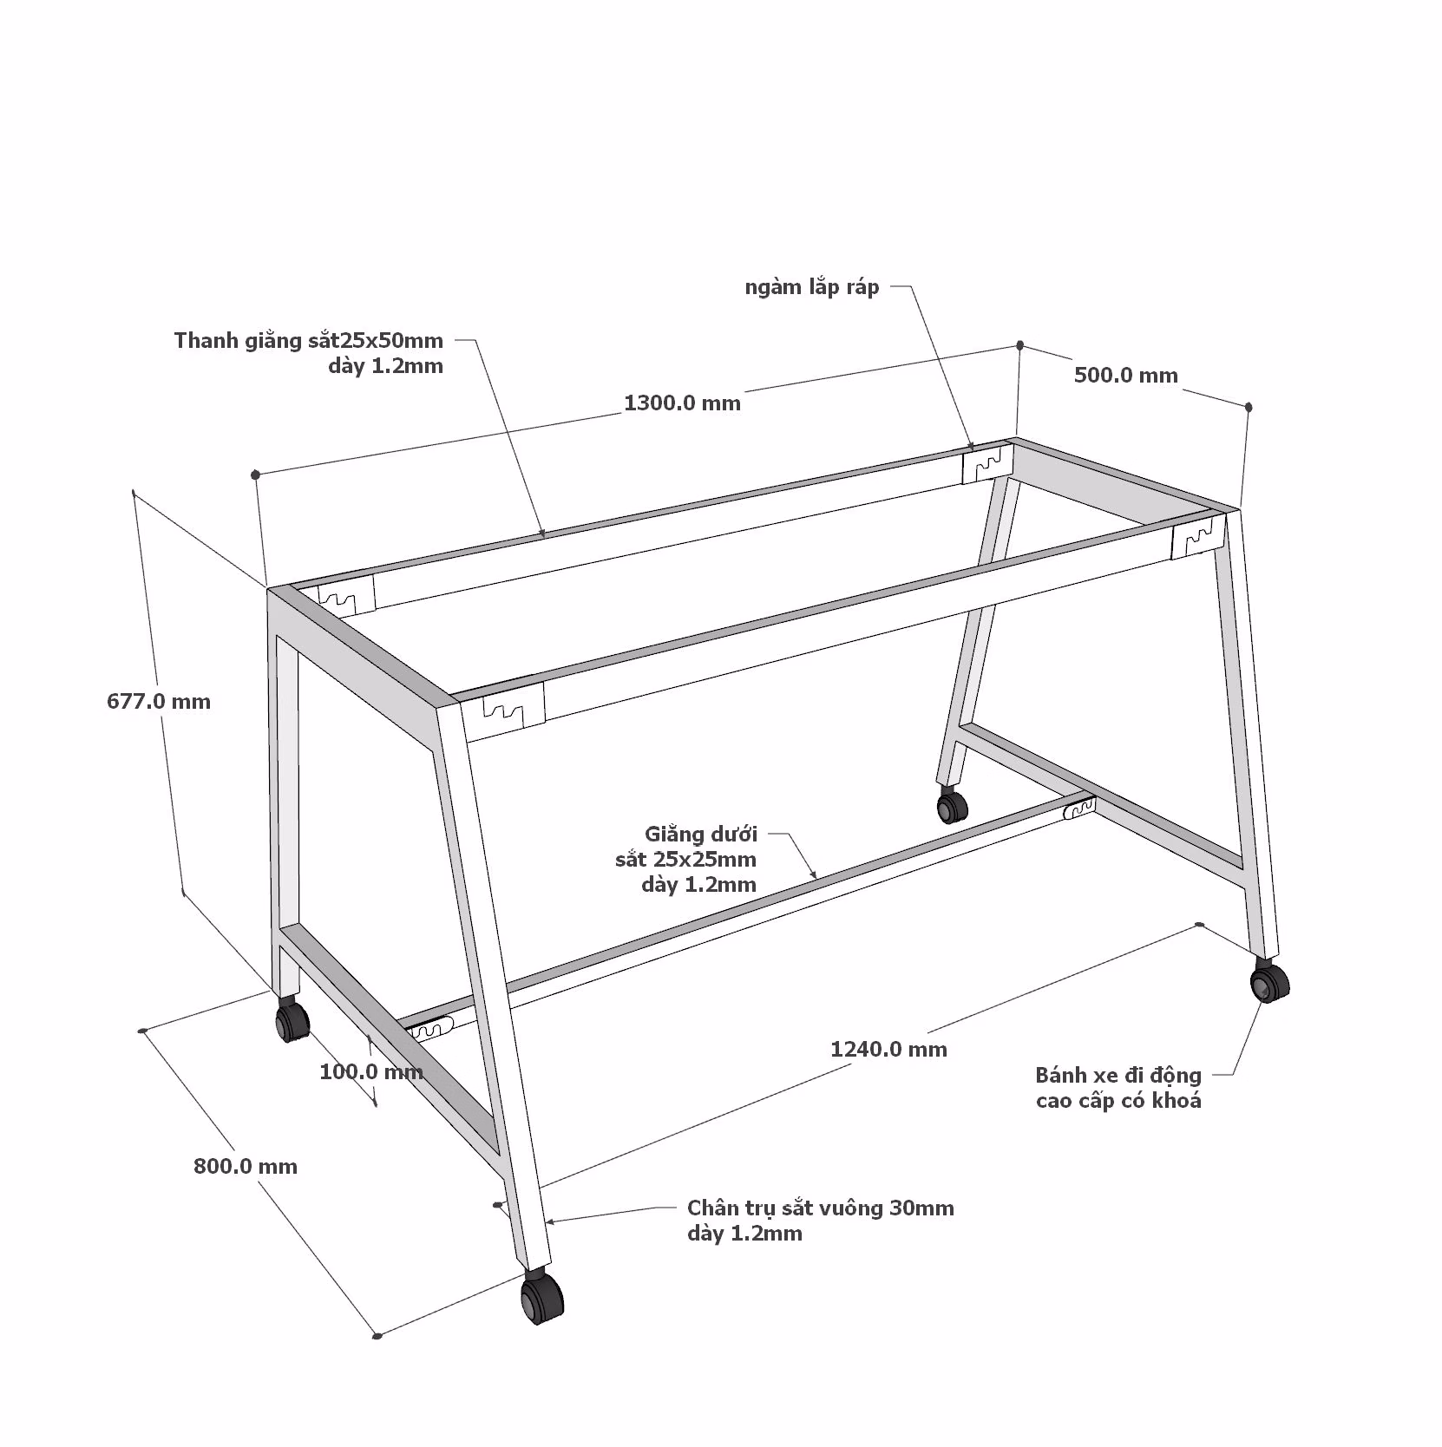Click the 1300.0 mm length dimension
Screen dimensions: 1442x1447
682,403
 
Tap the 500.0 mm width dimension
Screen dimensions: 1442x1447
1125,376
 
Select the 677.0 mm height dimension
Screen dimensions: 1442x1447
159,702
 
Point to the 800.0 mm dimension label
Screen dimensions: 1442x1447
246,1167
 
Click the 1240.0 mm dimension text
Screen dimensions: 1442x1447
888,1050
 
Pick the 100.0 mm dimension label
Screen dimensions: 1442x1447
371,1072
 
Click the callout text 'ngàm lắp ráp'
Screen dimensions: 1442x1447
812,287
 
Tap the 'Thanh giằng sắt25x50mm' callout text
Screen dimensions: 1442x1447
308,340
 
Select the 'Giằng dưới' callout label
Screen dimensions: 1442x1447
701,835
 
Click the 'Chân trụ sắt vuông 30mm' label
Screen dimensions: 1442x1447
820,1208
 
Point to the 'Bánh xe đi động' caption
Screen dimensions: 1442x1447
1118,1076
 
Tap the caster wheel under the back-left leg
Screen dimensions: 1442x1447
292,1019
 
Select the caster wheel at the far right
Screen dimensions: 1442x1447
1269,982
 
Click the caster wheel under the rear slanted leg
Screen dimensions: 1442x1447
952,805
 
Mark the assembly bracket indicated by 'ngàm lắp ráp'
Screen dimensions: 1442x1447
987,464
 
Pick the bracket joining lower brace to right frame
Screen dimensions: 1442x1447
1078,809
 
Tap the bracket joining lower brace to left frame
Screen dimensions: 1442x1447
429,1030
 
